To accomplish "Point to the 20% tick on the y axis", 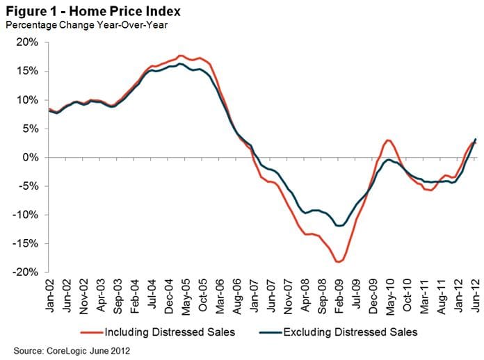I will [x=27, y=42].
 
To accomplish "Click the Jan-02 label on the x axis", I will [x=50, y=297].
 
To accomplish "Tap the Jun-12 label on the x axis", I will [x=476, y=297].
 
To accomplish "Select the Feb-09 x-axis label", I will [x=339, y=297].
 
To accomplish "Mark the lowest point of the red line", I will [x=338, y=262].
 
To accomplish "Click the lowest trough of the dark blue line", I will [x=339, y=226].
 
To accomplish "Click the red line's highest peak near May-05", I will [x=181, y=56].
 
